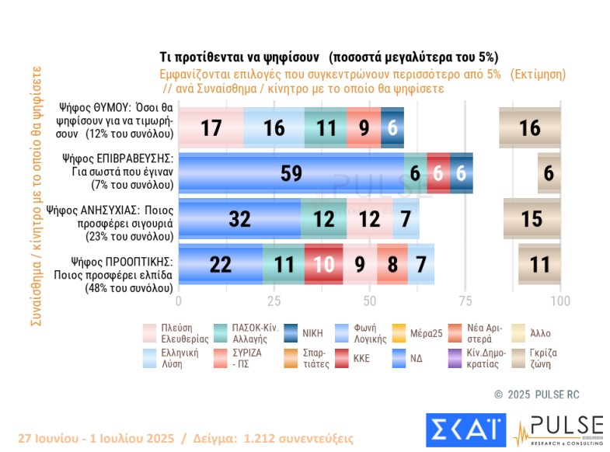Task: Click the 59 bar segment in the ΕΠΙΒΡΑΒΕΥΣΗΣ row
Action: coord(291,173)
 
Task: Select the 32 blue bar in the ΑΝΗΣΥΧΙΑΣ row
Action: coord(239,219)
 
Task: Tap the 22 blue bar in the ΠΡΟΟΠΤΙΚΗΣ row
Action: coord(221,265)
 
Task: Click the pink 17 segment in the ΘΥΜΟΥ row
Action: coord(211,128)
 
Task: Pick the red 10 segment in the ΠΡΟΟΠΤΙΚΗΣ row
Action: coord(323,265)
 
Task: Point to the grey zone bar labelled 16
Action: coord(530,128)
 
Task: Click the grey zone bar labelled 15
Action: coord(532,219)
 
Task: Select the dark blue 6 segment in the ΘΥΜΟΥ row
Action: coord(392,128)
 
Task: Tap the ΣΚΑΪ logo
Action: coord(465,430)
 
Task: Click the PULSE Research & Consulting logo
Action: coord(558,430)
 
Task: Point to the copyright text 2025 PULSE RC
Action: coord(536,395)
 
